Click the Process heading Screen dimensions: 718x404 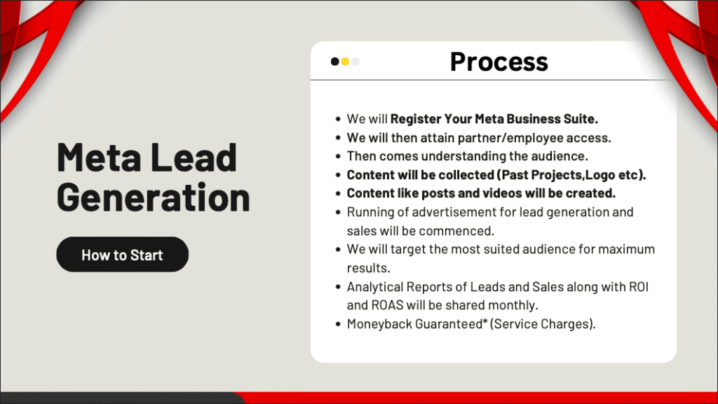coord(499,61)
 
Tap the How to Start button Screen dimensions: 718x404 coord(122,254)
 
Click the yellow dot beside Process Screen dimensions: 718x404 coord(345,61)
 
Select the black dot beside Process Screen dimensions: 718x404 coord(334,61)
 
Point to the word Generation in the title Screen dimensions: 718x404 coord(154,197)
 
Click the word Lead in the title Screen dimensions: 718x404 coord(194,158)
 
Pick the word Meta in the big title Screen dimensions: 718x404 coord(99,158)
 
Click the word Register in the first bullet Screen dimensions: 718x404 coord(416,119)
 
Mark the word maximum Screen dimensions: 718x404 coord(626,249)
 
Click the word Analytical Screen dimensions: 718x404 coord(374,286)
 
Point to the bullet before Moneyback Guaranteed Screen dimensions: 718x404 coord(338,324)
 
